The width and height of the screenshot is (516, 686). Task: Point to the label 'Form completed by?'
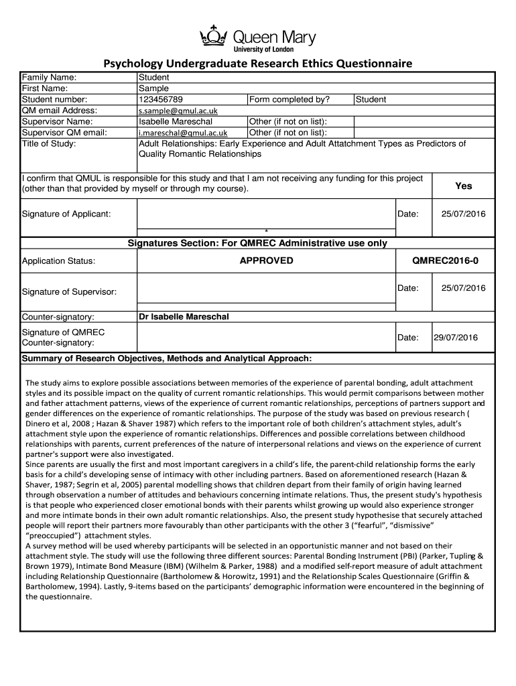(289, 100)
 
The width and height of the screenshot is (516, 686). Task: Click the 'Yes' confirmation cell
(463, 186)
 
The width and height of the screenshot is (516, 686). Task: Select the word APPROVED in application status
(266, 261)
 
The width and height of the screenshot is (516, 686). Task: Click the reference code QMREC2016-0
(446, 261)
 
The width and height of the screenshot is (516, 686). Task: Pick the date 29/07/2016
(455, 338)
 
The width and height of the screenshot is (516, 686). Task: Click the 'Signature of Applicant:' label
(66, 214)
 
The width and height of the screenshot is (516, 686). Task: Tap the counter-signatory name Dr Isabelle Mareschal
(184, 316)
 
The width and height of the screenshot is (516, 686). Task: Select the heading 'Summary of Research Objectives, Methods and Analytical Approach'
(167, 358)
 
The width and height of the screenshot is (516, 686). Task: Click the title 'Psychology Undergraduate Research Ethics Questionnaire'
(257, 64)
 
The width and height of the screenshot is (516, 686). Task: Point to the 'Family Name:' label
(49, 78)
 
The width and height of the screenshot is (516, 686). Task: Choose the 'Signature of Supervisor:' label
(69, 292)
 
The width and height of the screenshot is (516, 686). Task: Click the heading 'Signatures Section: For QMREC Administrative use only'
(257, 243)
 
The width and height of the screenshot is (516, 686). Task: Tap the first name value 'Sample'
(153, 88)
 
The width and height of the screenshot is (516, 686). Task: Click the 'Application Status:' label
(59, 261)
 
